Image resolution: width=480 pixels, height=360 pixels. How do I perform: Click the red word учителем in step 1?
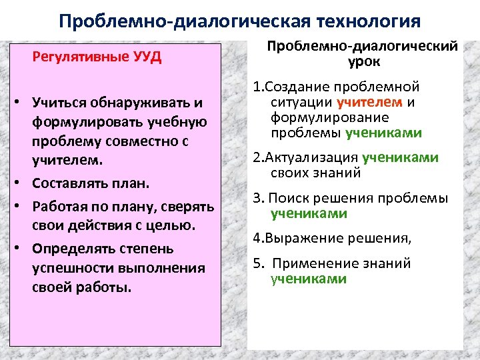click(370, 103)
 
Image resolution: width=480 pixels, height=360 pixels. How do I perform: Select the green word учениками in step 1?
click(383, 133)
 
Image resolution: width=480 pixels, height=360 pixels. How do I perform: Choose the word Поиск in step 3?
click(290, 199)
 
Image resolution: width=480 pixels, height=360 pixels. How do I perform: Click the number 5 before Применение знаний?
click(256, 263)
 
